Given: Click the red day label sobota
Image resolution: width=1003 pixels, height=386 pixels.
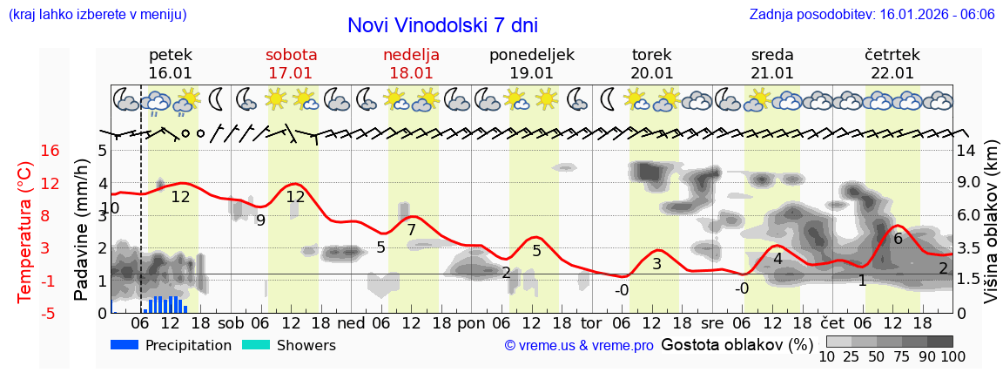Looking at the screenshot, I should click(x=291, y=55).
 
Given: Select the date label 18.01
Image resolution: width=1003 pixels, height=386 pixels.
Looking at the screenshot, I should click(x=411, y=73).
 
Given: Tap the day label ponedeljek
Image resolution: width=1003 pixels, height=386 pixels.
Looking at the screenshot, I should click(x=531, y=55).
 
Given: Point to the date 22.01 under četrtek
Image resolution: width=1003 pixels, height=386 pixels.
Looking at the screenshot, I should click(x=892, y=73).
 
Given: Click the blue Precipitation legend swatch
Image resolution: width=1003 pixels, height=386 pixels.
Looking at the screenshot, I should click(x=125, y=345).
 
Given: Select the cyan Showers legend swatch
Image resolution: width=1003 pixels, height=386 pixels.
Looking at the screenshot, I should click(x=256, y=345).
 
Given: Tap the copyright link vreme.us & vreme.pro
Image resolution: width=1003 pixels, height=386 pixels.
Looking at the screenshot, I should click(x=578, y=346).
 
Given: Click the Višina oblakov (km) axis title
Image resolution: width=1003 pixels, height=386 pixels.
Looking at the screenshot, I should click(x=991, y=232).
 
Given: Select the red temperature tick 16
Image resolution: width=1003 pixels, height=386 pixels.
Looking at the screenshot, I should click(x=50, y=151).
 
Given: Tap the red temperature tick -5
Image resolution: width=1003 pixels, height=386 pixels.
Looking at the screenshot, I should click(x=50, y=313).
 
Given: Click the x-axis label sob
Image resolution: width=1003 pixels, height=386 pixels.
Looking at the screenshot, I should click(x=231, y=322).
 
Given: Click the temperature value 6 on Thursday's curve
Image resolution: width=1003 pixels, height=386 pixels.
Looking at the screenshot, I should click(x=897, y=238).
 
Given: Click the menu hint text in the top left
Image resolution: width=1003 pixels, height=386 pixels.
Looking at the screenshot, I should click(x=97, y=15).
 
